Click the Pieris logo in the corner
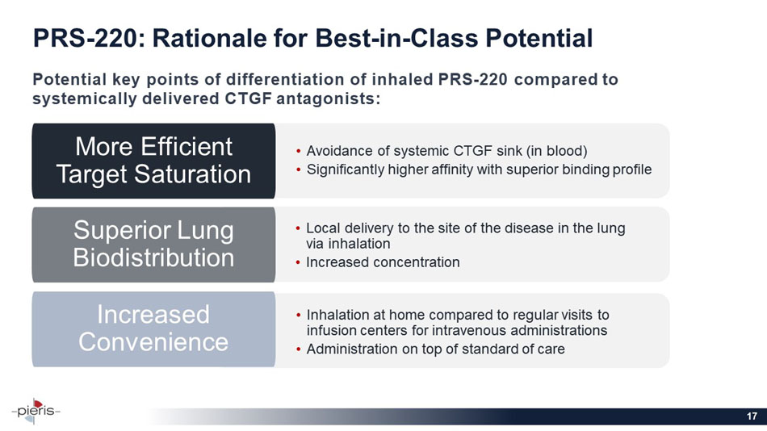coord(36,409)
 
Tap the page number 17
coord(752,416)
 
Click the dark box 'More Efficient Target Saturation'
coord(153,161)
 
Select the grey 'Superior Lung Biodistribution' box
coord(153,245)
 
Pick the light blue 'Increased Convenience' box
coord(153,328)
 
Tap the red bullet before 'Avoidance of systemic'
coord(300,152)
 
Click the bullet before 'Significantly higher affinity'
coord(300,170)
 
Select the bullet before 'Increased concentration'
coord(300,262)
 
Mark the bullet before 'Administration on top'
coord(300,349)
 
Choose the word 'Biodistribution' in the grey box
coord(154,258)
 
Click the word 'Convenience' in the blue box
coord(153,341)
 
